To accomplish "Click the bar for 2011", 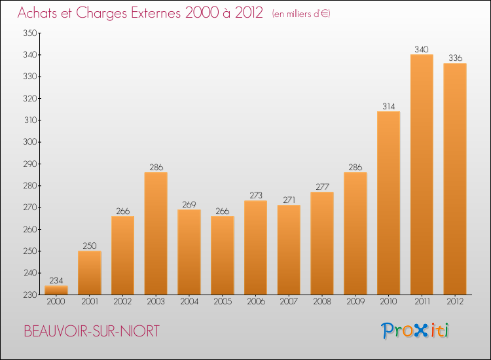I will pyautogui.click(x=422, y=174).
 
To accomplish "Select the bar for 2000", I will pyautogui.click(x=56, y=290).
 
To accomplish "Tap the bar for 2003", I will pyautogui.click(x=156, y=233).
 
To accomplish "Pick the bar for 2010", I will pyautogui.click(x=388, y=203).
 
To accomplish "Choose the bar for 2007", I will pyautogui.click(x=289, y=249).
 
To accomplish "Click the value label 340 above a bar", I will pyautogui.click(x=422, y=48).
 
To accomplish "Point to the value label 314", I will pyautogui.click(x=388, y=105).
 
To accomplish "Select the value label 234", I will pyautogui.click(x=56, y=279).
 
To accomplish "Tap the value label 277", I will pyautogui.click(x=322, y=186).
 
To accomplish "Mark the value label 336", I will pyautogui.click(x=455, y=58).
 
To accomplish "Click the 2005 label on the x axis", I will pyautogui.click(x=222, y=302).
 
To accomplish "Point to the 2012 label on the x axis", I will pyautogui.click(x=455, y=302).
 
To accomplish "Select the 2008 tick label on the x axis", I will pyautogui.click(x=322, y=302).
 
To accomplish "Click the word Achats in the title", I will pyautogui.click(x=40, y=12).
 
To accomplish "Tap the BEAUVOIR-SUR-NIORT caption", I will pyautogui.click(x=91, y=331).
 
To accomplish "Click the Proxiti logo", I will pyautogui.click(x=416, y=331).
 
